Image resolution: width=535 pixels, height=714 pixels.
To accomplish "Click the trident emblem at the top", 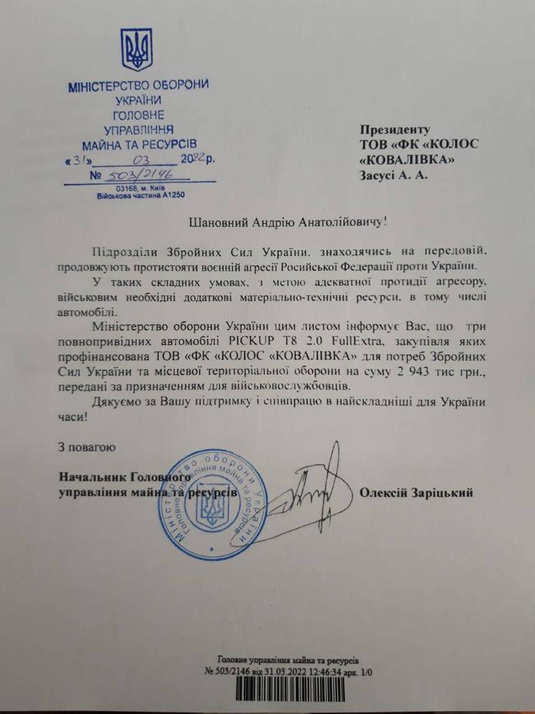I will (137, 50).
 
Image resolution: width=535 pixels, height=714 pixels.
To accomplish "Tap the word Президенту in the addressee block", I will (395, 130).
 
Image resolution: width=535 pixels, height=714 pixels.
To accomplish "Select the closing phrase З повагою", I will (84, 446).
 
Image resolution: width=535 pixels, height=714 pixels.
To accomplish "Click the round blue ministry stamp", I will (212, 505).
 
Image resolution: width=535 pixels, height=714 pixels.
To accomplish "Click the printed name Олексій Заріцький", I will (417, 493).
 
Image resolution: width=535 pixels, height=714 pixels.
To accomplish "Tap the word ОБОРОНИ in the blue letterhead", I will (180, 86).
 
